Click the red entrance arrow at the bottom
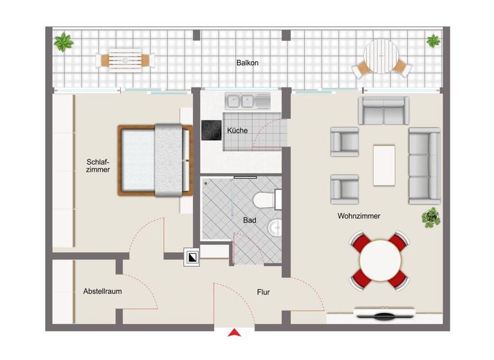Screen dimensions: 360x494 [235, 332]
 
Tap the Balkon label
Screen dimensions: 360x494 [247, 62]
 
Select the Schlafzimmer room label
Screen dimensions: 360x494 [98, 166]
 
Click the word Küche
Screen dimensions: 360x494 [237, 130]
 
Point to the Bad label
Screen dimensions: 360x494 [250, 221]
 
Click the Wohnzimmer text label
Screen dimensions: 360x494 [358, 216]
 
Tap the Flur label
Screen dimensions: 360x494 [263, 292]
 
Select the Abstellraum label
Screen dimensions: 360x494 [102, 291]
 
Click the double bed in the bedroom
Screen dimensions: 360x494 [156, 160]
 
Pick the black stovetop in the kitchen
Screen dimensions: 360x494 [211, 130]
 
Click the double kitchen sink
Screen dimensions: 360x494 [241, 100]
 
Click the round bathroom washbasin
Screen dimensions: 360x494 [275, 227]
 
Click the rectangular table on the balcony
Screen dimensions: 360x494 [125, 60]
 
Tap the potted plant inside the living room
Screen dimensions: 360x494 [430, 217]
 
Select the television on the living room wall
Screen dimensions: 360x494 [385, 314]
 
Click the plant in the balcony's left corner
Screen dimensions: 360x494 [63, 43]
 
